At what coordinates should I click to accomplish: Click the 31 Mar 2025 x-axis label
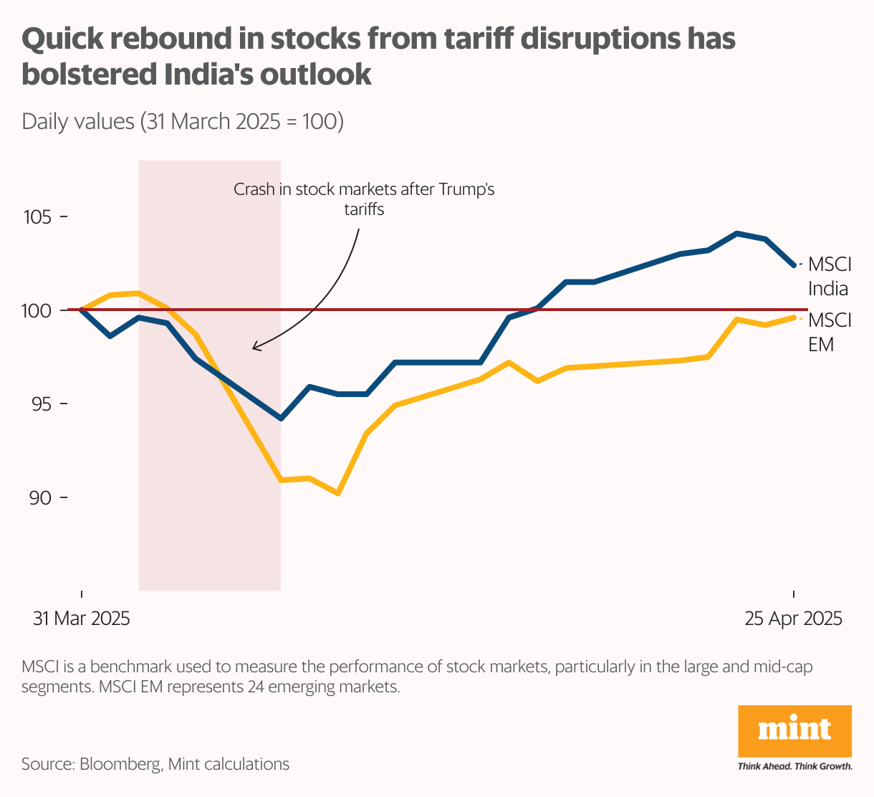pos(82,619)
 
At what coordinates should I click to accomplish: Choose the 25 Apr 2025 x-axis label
pos(793,619)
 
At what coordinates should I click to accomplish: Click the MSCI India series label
pos(829,276)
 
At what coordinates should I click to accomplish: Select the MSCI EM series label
pos(829,331)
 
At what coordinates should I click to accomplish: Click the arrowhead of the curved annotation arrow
pos(254,348)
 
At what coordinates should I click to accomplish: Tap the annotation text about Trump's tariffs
pos(364,199)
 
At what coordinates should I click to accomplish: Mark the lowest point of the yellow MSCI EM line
pos(338,494)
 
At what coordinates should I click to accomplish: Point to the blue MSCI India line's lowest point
pos(281,419)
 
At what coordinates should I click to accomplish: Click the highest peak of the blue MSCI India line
pos(736,233)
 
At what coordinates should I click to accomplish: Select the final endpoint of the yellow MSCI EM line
pos(793,317)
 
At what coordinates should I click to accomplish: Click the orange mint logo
pos(794,731)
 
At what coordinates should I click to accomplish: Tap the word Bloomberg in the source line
pos(120,764)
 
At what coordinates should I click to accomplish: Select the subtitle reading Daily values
pos(182,121)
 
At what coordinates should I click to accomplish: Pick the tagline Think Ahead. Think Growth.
pos(794,766)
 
